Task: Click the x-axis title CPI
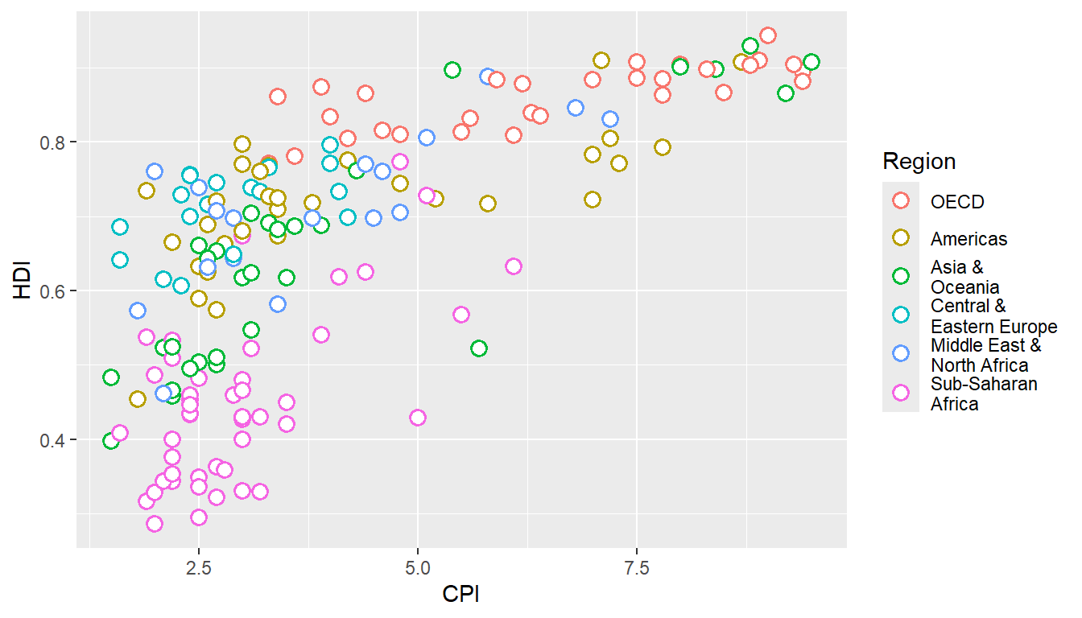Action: tap(461, 595)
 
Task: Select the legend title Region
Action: tap(919, 162)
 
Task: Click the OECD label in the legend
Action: tap(957, 202)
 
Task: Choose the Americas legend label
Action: tap(968, 239)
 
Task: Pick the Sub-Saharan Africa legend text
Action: tap(984, 394)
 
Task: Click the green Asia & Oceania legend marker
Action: tap(901, 276)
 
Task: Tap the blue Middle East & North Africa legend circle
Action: tap(901, 353)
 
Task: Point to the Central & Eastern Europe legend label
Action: tap(993, 316)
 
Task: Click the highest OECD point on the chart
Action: tap(768, 35)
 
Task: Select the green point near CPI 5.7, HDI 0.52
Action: tap(479, 348)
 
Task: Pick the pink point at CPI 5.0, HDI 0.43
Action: tap(417, 418)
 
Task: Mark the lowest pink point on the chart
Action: tap(155, 524)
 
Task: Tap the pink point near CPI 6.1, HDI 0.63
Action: tap(514, 266)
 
